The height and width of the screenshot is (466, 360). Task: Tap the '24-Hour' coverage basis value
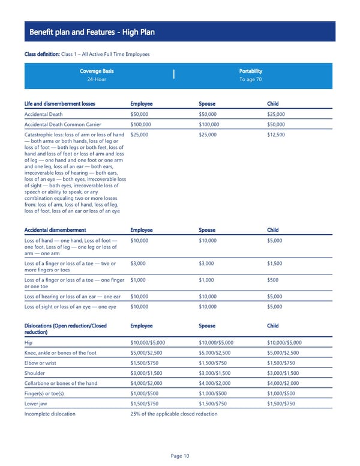[x=97, y=79]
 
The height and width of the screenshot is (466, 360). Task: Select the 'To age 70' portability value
[x=250, y=79]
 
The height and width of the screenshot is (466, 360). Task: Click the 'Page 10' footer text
[x=180, y=456]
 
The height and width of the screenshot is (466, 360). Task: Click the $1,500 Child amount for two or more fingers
[x=275, y=263]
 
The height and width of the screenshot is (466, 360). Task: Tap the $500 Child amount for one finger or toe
[x=272, y=279]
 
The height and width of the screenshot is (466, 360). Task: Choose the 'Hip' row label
[x=29, y=342]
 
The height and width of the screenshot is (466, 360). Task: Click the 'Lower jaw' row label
[x=37, y=404]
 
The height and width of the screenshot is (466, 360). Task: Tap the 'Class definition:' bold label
[x=42, y=55]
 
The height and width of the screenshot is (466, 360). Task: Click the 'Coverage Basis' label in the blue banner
[x=97, y=71]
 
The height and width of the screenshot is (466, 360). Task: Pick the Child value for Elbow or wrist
[x=282, y=363]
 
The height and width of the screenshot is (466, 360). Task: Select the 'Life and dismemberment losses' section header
[x=59, y=103]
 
